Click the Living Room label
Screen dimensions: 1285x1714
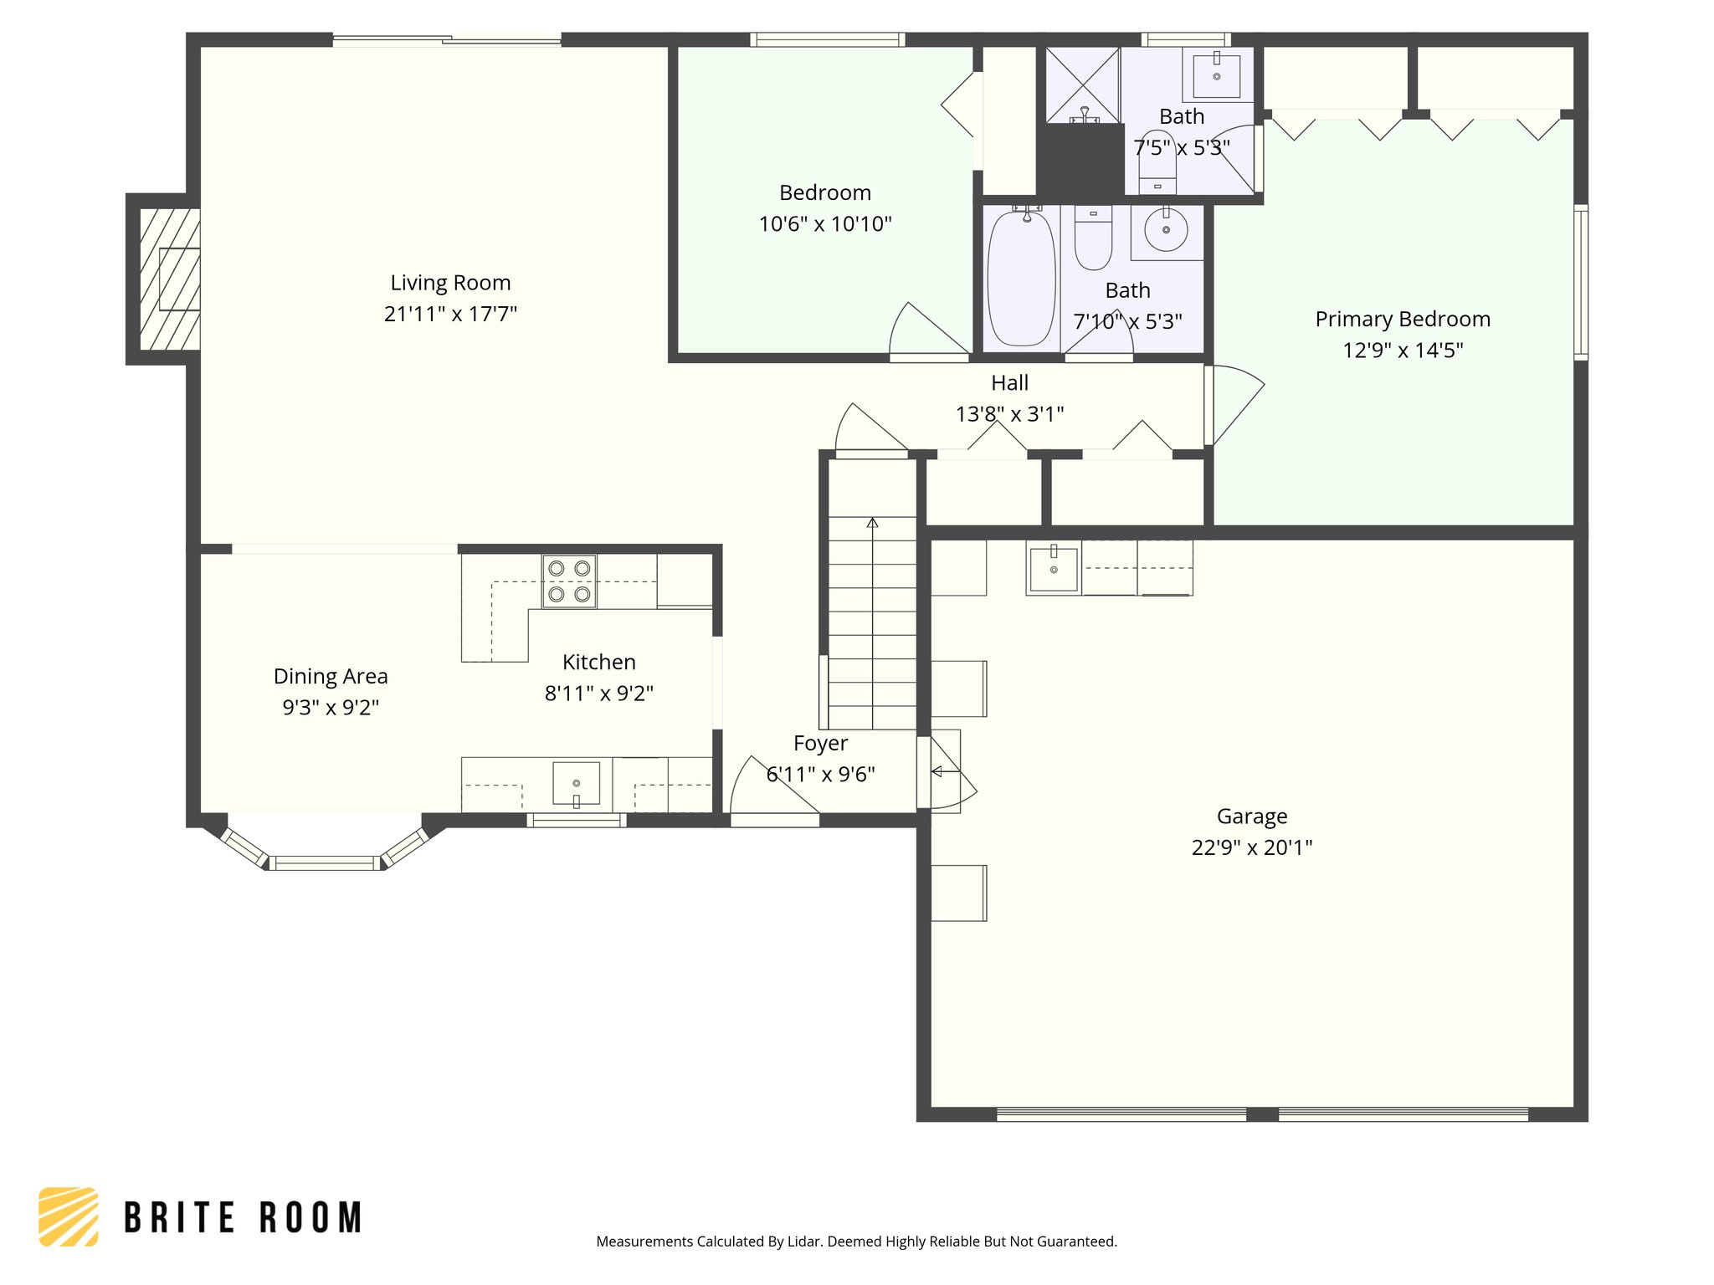450,283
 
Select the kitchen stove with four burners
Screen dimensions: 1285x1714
569,581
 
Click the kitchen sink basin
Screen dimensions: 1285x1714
576,782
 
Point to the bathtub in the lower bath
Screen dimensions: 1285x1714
1021,279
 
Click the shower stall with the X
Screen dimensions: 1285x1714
1082,84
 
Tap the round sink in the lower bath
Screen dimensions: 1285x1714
1166,229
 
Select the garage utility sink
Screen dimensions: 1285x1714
1054,569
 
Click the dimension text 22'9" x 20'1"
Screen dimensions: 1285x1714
1251,847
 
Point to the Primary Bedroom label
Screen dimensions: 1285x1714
1403,319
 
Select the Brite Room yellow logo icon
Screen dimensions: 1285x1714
69,1216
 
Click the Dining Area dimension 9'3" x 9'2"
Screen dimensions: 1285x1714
331,707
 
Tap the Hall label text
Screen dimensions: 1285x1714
1009,383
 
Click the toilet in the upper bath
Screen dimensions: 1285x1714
1157,163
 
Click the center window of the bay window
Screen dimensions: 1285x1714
325,863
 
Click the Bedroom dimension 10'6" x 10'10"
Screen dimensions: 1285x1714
825,224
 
